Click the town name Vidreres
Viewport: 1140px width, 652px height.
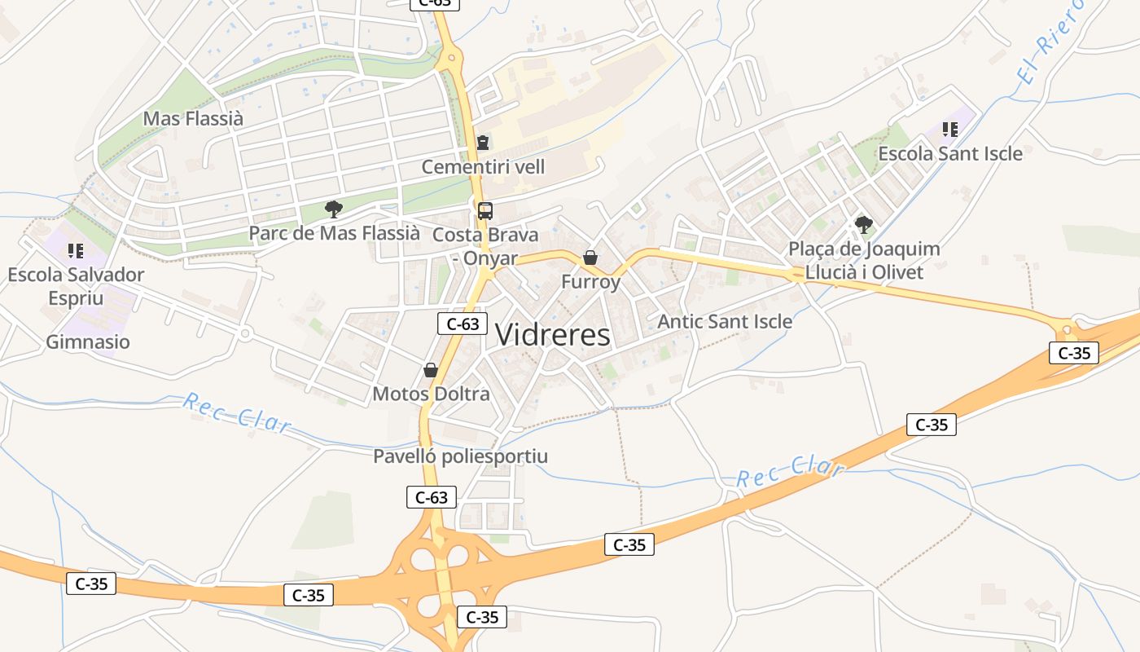(x=552, y=335)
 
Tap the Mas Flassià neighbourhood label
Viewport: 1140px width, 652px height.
(x=193, y=118)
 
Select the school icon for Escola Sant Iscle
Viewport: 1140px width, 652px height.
(x=949, y=129)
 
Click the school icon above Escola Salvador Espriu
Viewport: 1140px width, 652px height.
(x=76, y=251)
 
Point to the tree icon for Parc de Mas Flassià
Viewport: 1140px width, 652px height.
(x=333, y=209)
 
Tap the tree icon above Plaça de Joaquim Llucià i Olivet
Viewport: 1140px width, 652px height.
(x=863, y=224)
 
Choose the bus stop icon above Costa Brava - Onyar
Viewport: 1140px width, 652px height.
(x=485, y=211)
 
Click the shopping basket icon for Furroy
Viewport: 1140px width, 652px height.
(x=590, y=258)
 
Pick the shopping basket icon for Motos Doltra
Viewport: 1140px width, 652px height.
(x=431, y=371)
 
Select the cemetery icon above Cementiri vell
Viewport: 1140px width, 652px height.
(x=483, y=143)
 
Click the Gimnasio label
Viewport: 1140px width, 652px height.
(x=88, y=341)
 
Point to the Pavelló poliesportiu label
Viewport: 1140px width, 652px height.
(x=460, y=456)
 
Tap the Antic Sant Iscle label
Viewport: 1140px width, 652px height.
(x=725, y=322)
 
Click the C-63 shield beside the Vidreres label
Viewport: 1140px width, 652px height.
(x=463, y=324)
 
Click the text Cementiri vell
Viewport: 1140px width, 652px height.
(x=483, y=167)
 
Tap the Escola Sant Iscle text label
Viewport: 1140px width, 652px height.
(x=949, y=153)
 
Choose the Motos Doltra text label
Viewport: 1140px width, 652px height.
(x=431, y=394)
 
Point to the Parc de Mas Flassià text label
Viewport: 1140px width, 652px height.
(x=334, y=234)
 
